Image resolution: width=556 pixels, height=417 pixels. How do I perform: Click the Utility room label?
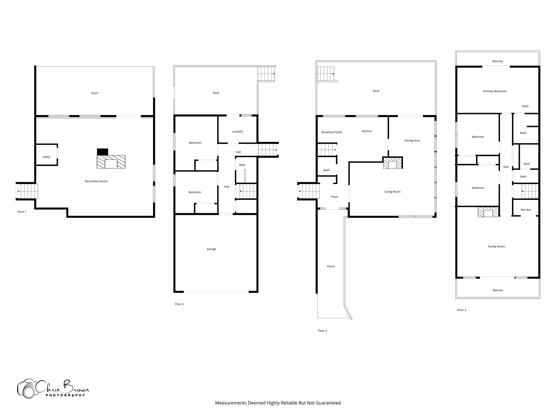(x=46, y=157)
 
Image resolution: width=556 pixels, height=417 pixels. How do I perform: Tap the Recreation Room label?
(x=96, y=181)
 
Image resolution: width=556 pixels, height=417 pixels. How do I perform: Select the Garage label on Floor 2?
(x=211, y=249)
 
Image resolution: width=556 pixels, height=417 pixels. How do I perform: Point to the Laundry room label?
(x=237, y=131)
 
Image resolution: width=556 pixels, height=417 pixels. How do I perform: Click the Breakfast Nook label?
(x=331, y=132)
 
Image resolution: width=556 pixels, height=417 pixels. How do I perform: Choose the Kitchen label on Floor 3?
(x=367, y=131)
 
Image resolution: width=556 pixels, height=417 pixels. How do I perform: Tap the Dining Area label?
(x=412, y=140)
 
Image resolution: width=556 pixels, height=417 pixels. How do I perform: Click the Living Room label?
(x=392, y=192)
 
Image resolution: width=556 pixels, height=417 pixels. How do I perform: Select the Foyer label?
(x=334, y=197)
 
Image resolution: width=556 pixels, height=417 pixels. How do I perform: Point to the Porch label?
(x=331, y=266)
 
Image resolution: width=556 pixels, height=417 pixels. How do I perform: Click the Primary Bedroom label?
(x=495, y=91)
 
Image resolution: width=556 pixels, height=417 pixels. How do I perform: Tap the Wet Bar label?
(x=526, y=210)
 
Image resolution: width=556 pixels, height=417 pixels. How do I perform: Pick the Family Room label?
(x=496, y=247)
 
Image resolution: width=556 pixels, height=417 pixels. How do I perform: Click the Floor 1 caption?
(x=22, y=211)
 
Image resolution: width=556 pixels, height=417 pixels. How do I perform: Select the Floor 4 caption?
(x=462, y=310)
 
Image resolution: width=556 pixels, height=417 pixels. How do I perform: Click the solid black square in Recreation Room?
(x=103, y=152)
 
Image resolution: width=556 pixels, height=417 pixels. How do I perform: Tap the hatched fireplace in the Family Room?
(x=488, y=212)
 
